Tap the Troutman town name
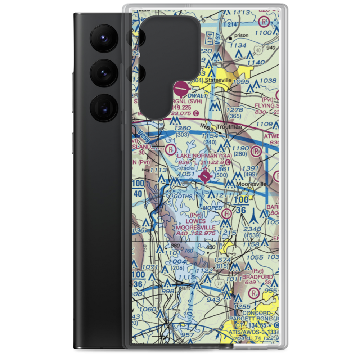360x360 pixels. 240,127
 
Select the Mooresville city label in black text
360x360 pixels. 252,184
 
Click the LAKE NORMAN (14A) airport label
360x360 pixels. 202,156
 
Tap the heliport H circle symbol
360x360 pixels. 227,213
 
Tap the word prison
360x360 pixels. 241,36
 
